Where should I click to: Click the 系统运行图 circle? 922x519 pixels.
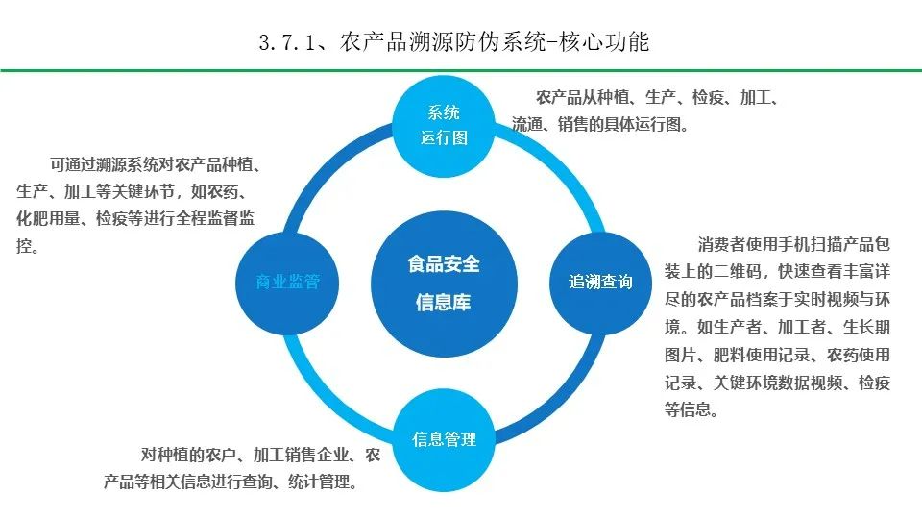[x=444, y=125]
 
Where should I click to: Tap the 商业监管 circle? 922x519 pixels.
[x=287, y=282]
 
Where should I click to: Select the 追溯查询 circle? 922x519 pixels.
[x=601, y=282]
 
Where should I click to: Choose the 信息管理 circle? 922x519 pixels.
[x=444, y=439]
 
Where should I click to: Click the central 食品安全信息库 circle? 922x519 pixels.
[x=444, y=283]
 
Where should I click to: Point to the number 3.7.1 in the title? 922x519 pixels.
[x=288, y=42]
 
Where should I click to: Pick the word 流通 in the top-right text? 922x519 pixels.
[x=526, y=124]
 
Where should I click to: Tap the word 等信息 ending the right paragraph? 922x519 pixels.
[x=690, y=409]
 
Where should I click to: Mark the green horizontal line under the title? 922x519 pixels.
[x=461, y=70]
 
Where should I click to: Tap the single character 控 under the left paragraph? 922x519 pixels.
[x=25, y=246]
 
